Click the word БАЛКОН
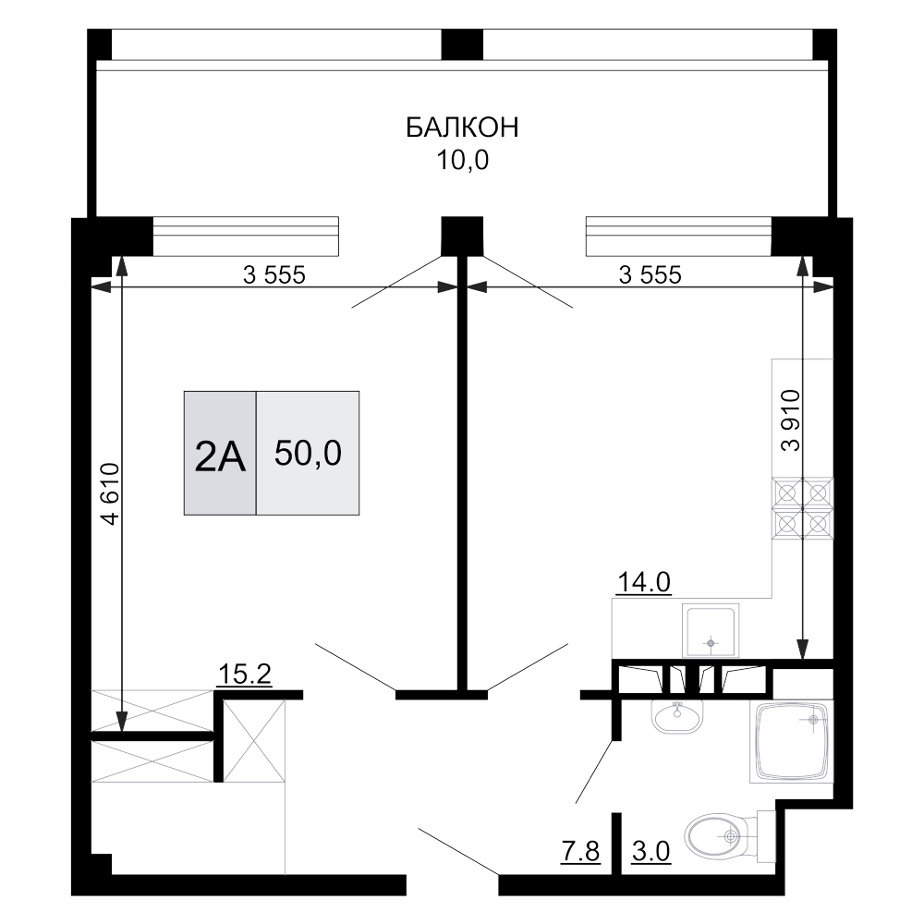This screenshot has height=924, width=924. click(x=462, y=128)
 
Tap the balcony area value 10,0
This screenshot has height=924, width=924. click(x=462, y=162)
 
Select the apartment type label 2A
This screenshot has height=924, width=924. click(x=220, y=456)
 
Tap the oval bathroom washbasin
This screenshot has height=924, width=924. click(x=679, y=716)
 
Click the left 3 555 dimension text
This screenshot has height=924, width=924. click(x=274, y=274)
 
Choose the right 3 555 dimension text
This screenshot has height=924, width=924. click(x=650, y=274)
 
